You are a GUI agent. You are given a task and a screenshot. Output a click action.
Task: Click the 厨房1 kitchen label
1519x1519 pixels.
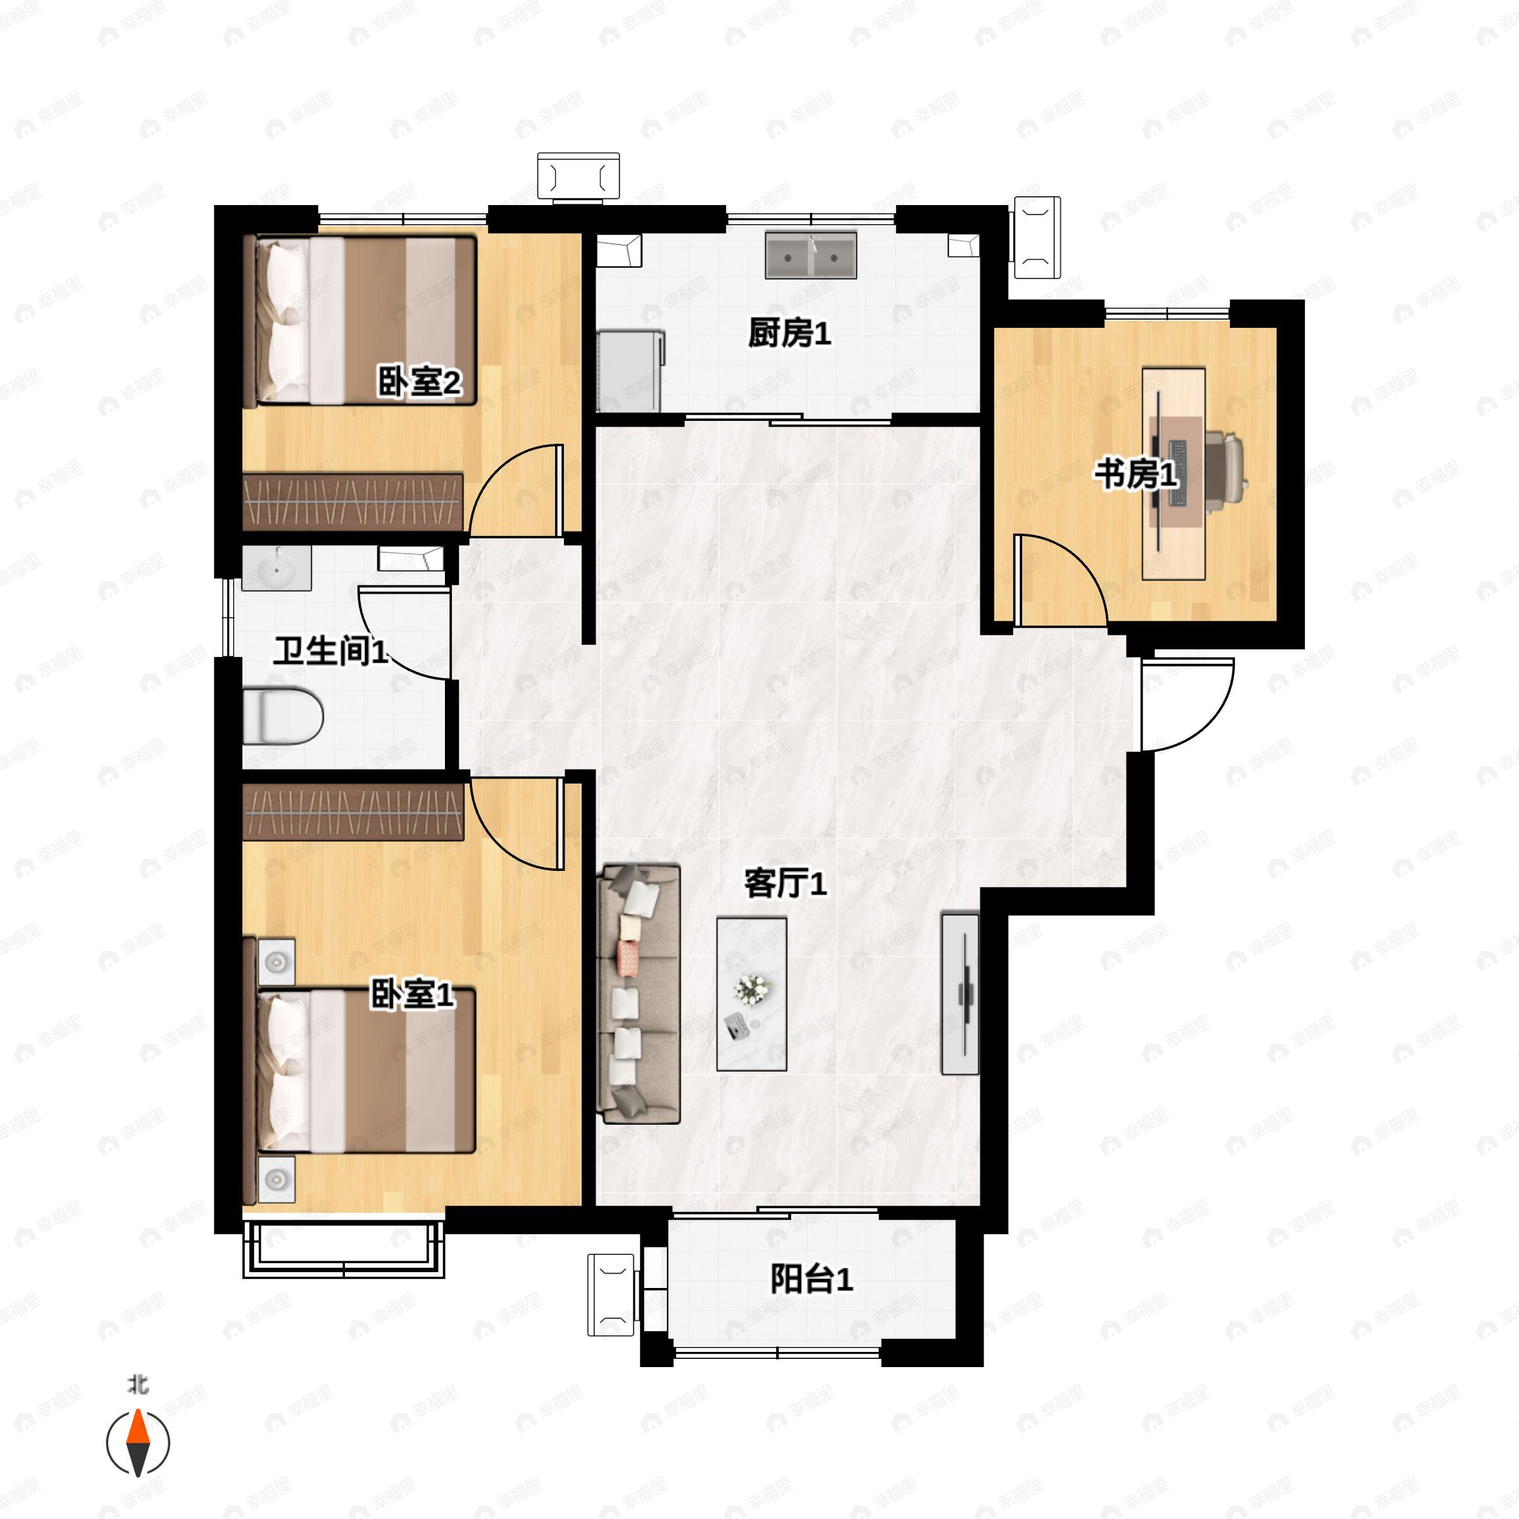pyautogui.click(x=789, y=334)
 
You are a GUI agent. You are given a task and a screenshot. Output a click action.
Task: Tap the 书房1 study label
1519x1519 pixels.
pyautogui.click(x=1136, y=474)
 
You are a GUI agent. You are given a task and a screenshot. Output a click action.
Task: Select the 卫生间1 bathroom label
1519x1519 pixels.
pyautogui.click(x=331, y=651)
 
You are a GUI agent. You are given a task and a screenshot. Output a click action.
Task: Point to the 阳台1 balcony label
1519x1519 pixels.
pyautogui.click(x=811, y=1279)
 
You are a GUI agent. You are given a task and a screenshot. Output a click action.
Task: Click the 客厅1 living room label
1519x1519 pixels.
pyautogui.click(x=785, y=885)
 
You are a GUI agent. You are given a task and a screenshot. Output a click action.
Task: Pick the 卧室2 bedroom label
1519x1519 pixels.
pyautogui.click(x=419, y=383)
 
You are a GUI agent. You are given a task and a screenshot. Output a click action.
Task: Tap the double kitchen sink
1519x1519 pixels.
pyautogui.click(x=811, y=254)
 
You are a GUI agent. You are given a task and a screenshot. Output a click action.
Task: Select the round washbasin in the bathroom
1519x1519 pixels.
pyautogui.click(x=276, y=568)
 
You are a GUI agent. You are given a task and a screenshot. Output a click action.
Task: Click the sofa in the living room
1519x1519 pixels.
pyautogui.click(x=639, y=994)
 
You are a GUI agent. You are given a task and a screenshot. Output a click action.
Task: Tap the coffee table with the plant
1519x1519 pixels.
pyautogui.click(x=752, y=994)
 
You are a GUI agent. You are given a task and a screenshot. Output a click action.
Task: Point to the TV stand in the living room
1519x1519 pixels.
pyautogui.click(x=960, y=994)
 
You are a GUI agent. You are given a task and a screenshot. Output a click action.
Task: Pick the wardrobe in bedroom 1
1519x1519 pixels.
pyautogui.click(x=353, y=811)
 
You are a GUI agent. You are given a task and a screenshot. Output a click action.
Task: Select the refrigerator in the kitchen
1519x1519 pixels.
pyautogui.click(x=630, y=371)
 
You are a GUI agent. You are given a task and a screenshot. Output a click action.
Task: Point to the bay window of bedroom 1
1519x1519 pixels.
pyautogui.click(x=343, y=1249)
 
